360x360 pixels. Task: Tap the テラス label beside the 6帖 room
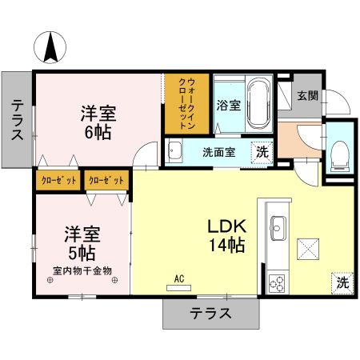[x=17, y=120]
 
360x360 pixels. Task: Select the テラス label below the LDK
[x=210, y=313]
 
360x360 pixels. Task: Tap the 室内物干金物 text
[x=82, y=270]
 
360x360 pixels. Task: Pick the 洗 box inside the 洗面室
[x=261, y=151]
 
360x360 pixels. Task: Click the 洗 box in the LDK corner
[x=342, y=282]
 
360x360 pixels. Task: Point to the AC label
[x=180, y=278]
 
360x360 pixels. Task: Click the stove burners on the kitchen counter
[x=278, y=282]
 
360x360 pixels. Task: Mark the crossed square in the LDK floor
[x=308, y=249]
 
